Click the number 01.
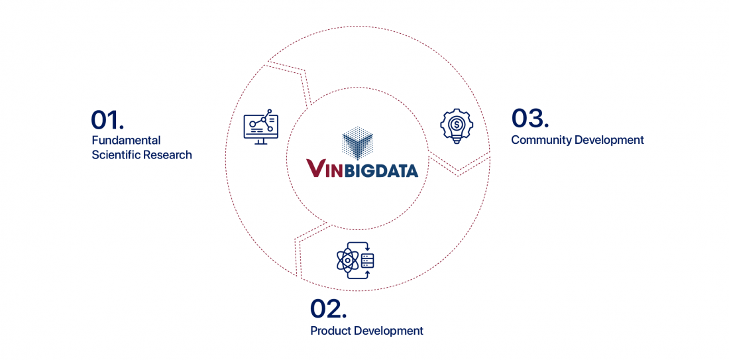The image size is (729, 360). [x=107, y=119]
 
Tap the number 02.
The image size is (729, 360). [x=328, y=309]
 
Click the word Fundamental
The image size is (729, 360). [x=126, y=140]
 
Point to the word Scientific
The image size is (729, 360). [x=116, y=155]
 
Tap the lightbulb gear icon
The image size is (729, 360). [x=457, y=126]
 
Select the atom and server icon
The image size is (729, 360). [x=355, y=261]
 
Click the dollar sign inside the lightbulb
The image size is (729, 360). [x=457, y=124]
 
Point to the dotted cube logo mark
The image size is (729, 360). [x=357, y=141]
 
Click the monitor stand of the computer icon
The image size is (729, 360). [x=261, y=141]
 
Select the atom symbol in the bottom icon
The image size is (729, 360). [x=347, y=261]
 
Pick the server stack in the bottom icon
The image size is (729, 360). [x=368, y=261]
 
